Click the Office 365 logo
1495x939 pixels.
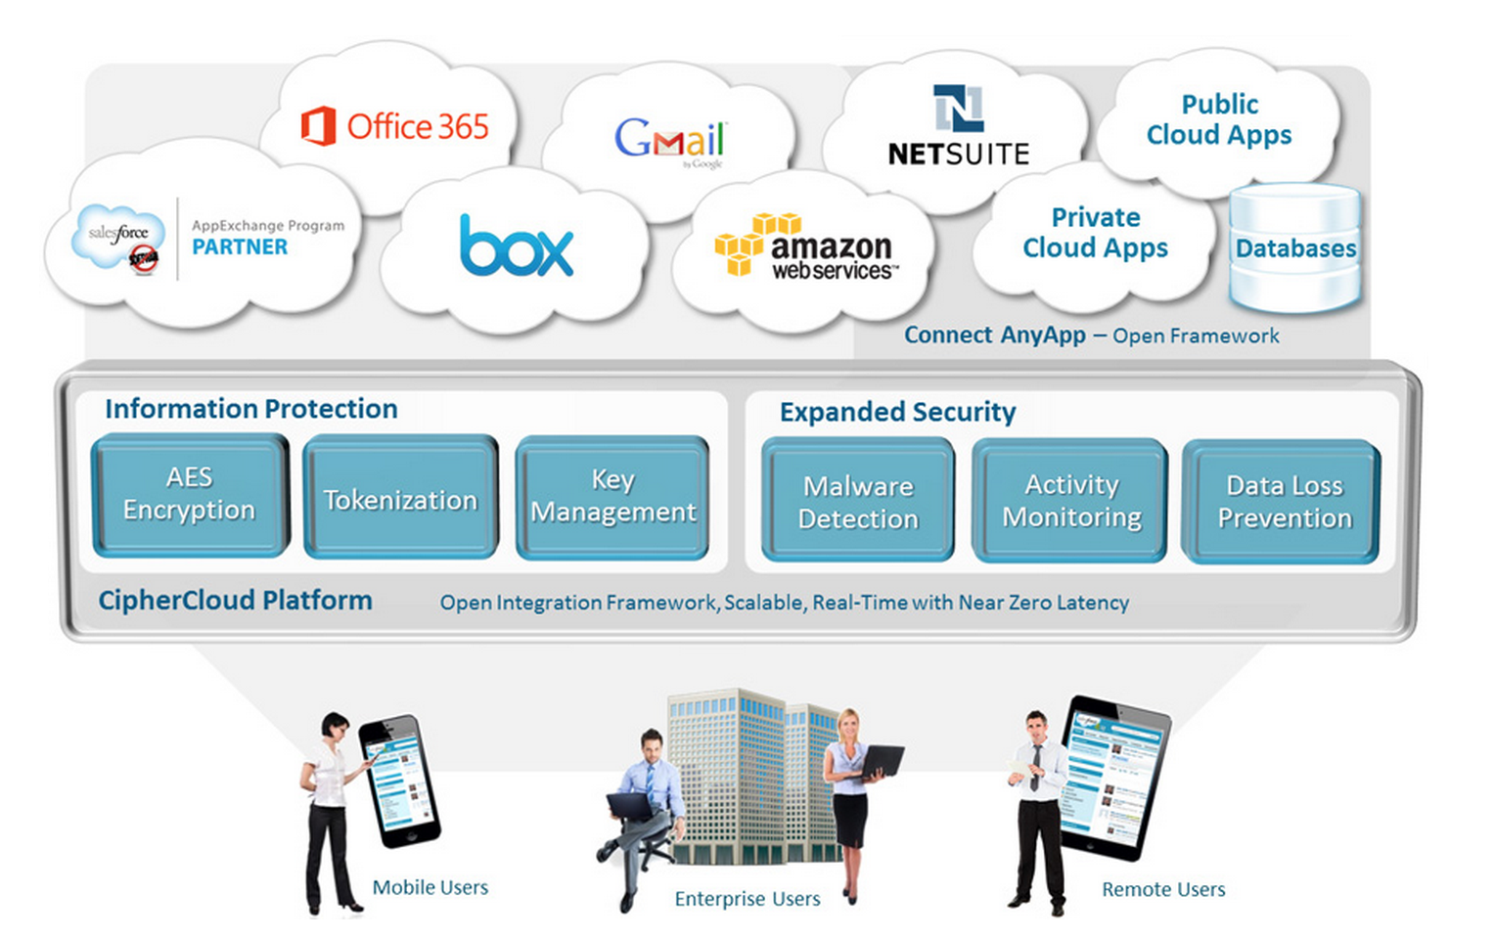pyautogui.click(x=395, y=127)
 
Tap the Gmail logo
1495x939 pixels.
pyautogui.click(x=670, y=140)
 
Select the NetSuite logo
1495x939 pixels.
pyautogui.click(x=958, y=126)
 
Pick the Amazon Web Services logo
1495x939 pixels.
pyautogui.click(x=804, y=247)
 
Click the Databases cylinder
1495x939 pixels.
pyautogui.click(x=1294, y=248)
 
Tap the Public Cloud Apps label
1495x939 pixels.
pyautogui.click(x=1219, y=119)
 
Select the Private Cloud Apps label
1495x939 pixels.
pyautogui.click(x=1095, y=233)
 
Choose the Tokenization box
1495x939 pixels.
pyautogui.click(x=401, y=499)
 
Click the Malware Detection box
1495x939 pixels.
pyautogui.click(x=858, y=501)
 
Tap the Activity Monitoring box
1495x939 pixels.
pyautogui.click(x=1070, y=501)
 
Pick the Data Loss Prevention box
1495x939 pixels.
pyautogui.click(x=1283, y=502)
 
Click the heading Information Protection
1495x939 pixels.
pyautogui.click(x=251, y=409)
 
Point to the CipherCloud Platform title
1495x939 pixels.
pyautogui.click(x=235, y=601)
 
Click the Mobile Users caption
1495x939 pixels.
pyautogui.click(x=430, y=887)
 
